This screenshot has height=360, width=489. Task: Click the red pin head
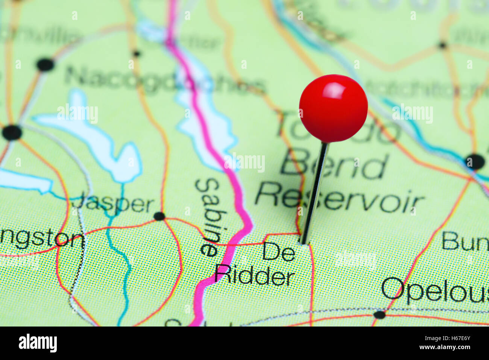coord(333,108)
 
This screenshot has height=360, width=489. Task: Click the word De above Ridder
coord(278,252)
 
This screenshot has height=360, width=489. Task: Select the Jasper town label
coord(113,204)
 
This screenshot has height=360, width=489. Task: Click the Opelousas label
coord(435,291)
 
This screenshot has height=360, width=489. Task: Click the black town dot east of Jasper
coord(159,216)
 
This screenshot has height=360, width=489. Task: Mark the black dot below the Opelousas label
coord(379,314)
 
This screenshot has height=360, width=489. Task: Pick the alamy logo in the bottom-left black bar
coord(38,343)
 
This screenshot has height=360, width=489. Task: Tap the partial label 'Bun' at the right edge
coord(465,241)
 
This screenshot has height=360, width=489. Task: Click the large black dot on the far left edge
coord(12,132)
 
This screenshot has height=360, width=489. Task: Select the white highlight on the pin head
coord(334,90)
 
